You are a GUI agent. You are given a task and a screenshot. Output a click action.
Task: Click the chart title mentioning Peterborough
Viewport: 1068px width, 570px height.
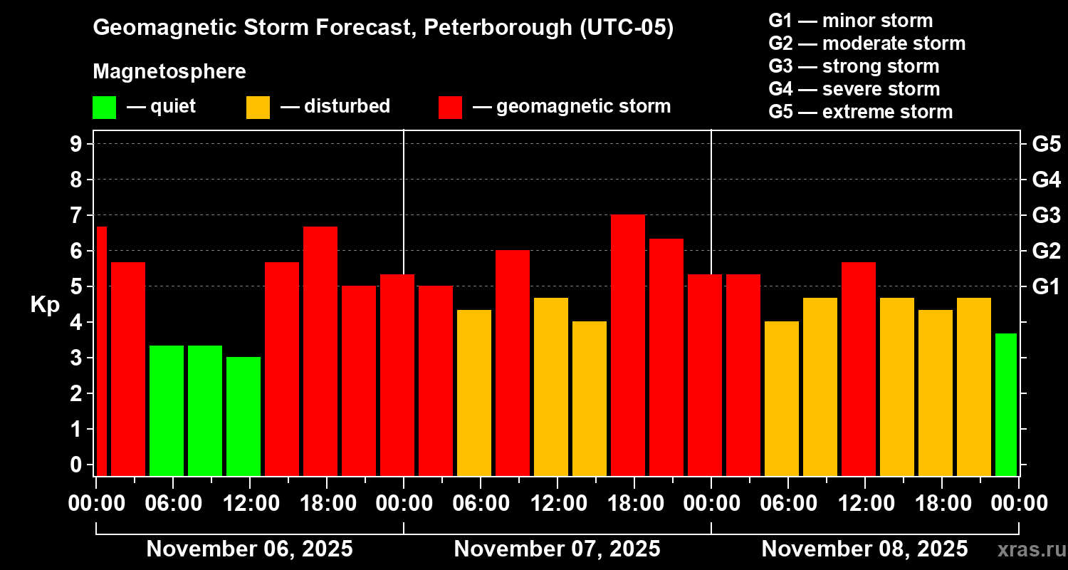[383, 28]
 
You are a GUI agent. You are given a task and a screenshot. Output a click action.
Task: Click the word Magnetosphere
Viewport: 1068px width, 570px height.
[169, 72]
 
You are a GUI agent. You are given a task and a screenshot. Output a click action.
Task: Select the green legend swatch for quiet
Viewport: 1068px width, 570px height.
[104, 107]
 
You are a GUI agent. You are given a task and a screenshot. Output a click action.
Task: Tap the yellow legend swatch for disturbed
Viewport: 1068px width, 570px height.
[258, 107]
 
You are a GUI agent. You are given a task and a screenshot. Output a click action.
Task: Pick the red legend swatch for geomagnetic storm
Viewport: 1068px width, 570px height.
[450, 107]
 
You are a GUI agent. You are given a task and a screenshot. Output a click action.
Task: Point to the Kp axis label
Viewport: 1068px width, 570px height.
[45, 305]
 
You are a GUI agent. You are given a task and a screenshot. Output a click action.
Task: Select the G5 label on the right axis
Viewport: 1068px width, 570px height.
[1046, 144]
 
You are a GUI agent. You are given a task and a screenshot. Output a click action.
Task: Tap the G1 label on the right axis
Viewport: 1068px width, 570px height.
[1046, 287]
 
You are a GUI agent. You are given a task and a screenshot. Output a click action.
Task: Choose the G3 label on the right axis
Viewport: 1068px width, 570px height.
[1046, 215]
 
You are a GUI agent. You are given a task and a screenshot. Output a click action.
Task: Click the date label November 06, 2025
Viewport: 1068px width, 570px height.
[249, 549]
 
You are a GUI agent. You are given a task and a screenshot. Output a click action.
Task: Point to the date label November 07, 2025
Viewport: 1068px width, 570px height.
[557, 549]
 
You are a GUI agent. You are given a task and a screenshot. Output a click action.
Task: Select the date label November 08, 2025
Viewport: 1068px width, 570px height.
[864, 549]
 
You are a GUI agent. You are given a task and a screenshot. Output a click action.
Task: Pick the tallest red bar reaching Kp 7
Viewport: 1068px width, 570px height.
[628, 345]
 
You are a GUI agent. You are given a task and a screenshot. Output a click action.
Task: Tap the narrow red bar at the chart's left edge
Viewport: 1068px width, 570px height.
[101, 351]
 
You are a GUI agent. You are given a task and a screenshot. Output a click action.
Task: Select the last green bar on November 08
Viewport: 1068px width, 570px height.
[1005, 404]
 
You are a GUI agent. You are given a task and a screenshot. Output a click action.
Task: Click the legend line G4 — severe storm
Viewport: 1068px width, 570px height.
[854, 89]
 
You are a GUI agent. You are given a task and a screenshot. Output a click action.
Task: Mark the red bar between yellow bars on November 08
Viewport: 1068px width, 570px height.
[858, 368]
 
